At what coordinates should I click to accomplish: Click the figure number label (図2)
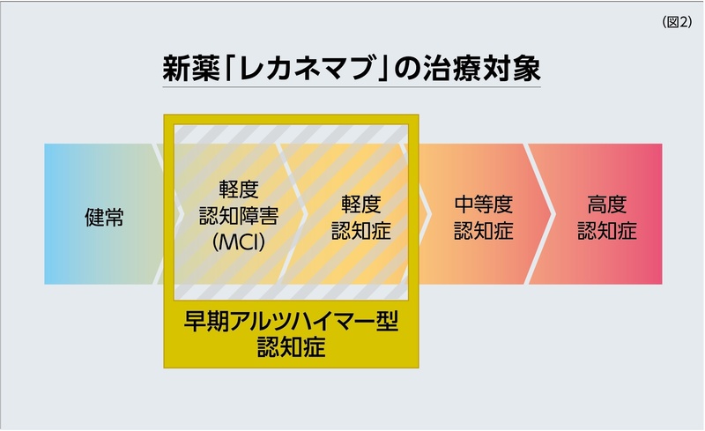coord(677,22)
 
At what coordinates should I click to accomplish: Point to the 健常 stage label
coord(104,217)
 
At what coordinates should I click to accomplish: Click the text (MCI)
coord(239,242)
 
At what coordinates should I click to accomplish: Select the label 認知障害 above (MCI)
coord(239,216)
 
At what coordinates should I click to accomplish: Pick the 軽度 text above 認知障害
coord(239,189)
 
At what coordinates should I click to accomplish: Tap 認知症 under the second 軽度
coord(361,230)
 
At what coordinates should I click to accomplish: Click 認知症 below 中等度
coord(483,230)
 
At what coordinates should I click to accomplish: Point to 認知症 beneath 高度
coord(607,230)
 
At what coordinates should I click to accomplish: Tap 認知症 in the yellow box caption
coord(292,347)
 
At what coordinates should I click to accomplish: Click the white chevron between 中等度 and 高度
coord(539,214)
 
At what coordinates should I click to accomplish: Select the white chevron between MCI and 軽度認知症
coord(292,214)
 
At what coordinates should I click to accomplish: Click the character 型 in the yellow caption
coord(387,321)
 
